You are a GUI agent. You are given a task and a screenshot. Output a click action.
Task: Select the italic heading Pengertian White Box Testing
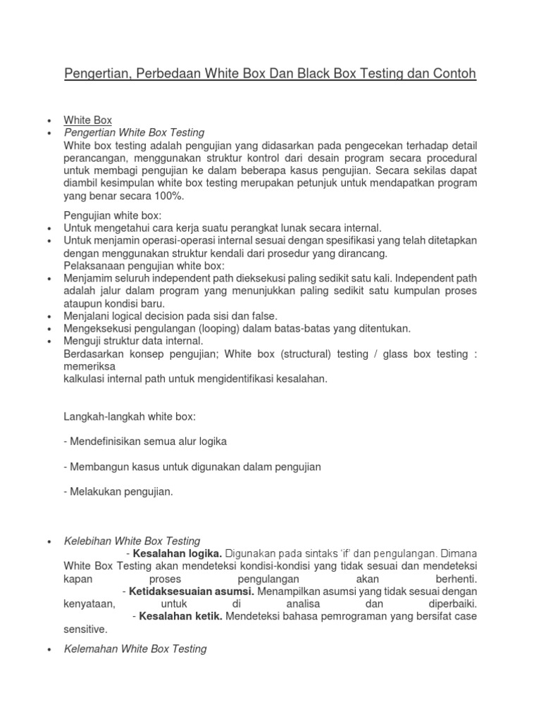pos(134,132)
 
